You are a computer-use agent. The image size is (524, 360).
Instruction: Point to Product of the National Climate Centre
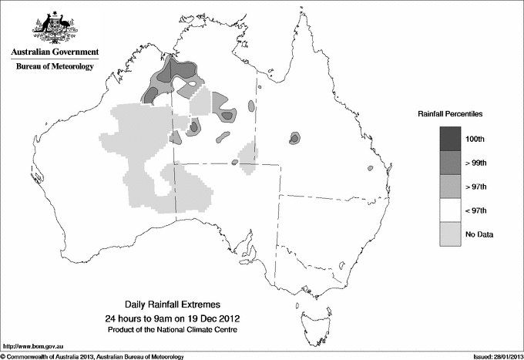tap(166, 329)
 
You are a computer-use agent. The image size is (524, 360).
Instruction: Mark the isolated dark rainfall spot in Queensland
tap(294, 138)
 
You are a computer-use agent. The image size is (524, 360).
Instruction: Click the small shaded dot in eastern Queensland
tap(371, 168)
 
